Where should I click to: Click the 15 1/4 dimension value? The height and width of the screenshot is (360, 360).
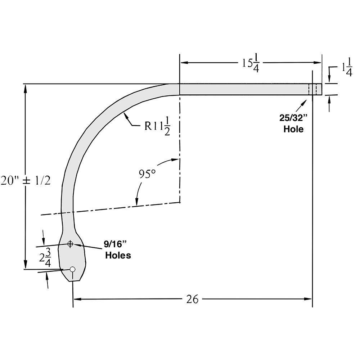pyautogui.click(x=250, y=63)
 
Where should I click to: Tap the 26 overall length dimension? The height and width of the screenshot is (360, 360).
pyautogui.click(x=193, y=299)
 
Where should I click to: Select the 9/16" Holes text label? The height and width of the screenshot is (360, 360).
pyautogui.click(x=117, y=250)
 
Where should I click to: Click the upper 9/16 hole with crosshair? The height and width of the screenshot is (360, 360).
pyautogui.click(x=70, y=244)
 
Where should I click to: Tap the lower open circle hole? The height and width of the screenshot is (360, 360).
pyautogui.click(x=73, y=269)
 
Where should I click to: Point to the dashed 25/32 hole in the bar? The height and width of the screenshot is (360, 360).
pyautogui.click(x=312, y=89)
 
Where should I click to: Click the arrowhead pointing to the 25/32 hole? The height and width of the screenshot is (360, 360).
pyautogui.click(x=307, y=99)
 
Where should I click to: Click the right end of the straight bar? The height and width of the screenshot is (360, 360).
pyautogui.click(x=321, y=89)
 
